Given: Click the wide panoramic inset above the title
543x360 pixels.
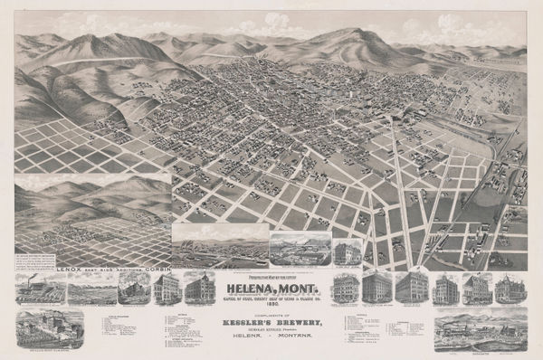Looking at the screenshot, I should coord(219,246).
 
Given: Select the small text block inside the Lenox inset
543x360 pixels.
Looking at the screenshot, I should coord(37,263).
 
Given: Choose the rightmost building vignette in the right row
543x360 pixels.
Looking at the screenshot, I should coord(507,290).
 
